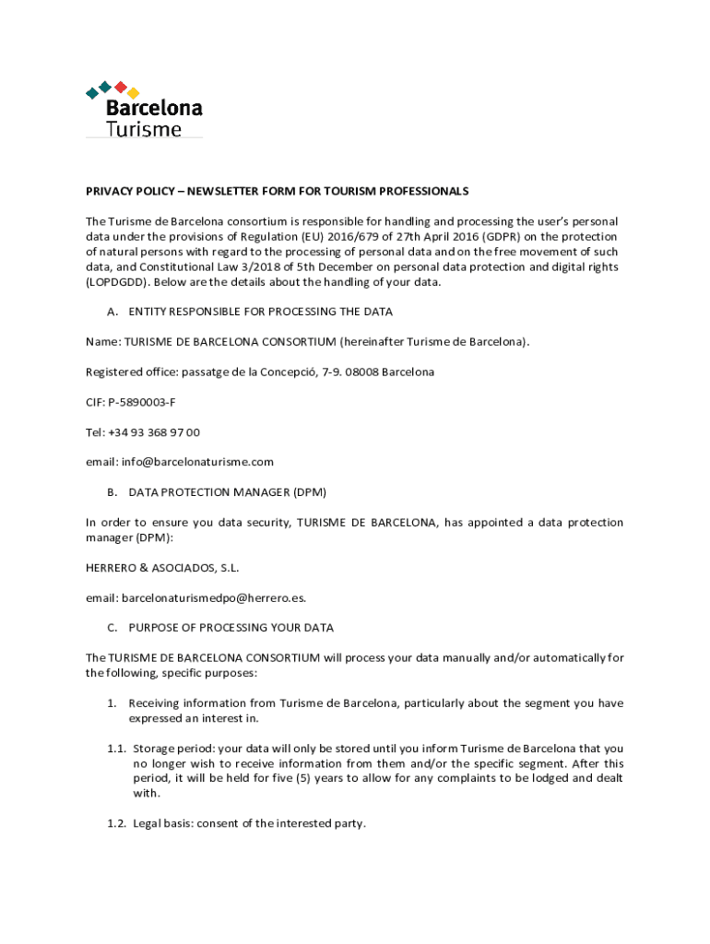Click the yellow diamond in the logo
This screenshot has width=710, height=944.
tap(133, 93)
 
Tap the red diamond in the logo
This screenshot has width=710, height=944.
tap(120, 87)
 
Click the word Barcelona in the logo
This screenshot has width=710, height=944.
tap(154, 108)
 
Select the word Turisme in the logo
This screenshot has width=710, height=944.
tap(143, 129)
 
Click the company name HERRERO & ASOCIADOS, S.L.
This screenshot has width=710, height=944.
tap(155, 567)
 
